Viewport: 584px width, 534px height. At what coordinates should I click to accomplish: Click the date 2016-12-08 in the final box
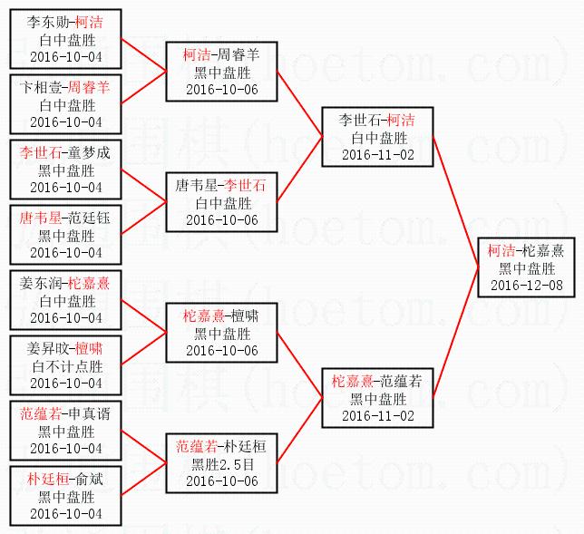click(x=527, y=286)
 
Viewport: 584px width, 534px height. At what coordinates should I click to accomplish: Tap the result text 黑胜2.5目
click(x=221, y=463)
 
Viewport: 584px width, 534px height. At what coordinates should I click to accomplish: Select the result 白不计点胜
click(x=66, y=366)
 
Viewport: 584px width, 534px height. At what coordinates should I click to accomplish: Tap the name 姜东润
click(x=41, y=283)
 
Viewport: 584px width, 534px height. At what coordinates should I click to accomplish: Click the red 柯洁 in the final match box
click(x=501, y=250)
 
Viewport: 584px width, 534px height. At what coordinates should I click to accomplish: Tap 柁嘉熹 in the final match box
click(x=542, y=250)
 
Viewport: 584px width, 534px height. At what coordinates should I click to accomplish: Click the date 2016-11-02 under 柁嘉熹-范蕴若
click(x=377, y=415)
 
